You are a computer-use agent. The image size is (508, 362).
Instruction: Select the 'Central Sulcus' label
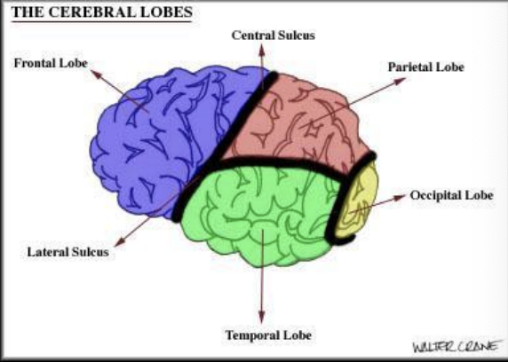(273, 35)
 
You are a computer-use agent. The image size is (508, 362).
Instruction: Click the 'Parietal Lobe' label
(425, 67)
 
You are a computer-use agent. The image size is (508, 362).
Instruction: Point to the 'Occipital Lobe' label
(452, 194)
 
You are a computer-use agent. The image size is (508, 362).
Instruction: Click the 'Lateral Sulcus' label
(68, 251)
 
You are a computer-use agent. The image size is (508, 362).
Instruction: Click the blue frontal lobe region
(160, 142)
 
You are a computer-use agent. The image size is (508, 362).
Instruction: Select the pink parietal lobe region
(293, 124)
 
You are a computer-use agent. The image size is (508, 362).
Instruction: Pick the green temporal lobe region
(258, 213)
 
